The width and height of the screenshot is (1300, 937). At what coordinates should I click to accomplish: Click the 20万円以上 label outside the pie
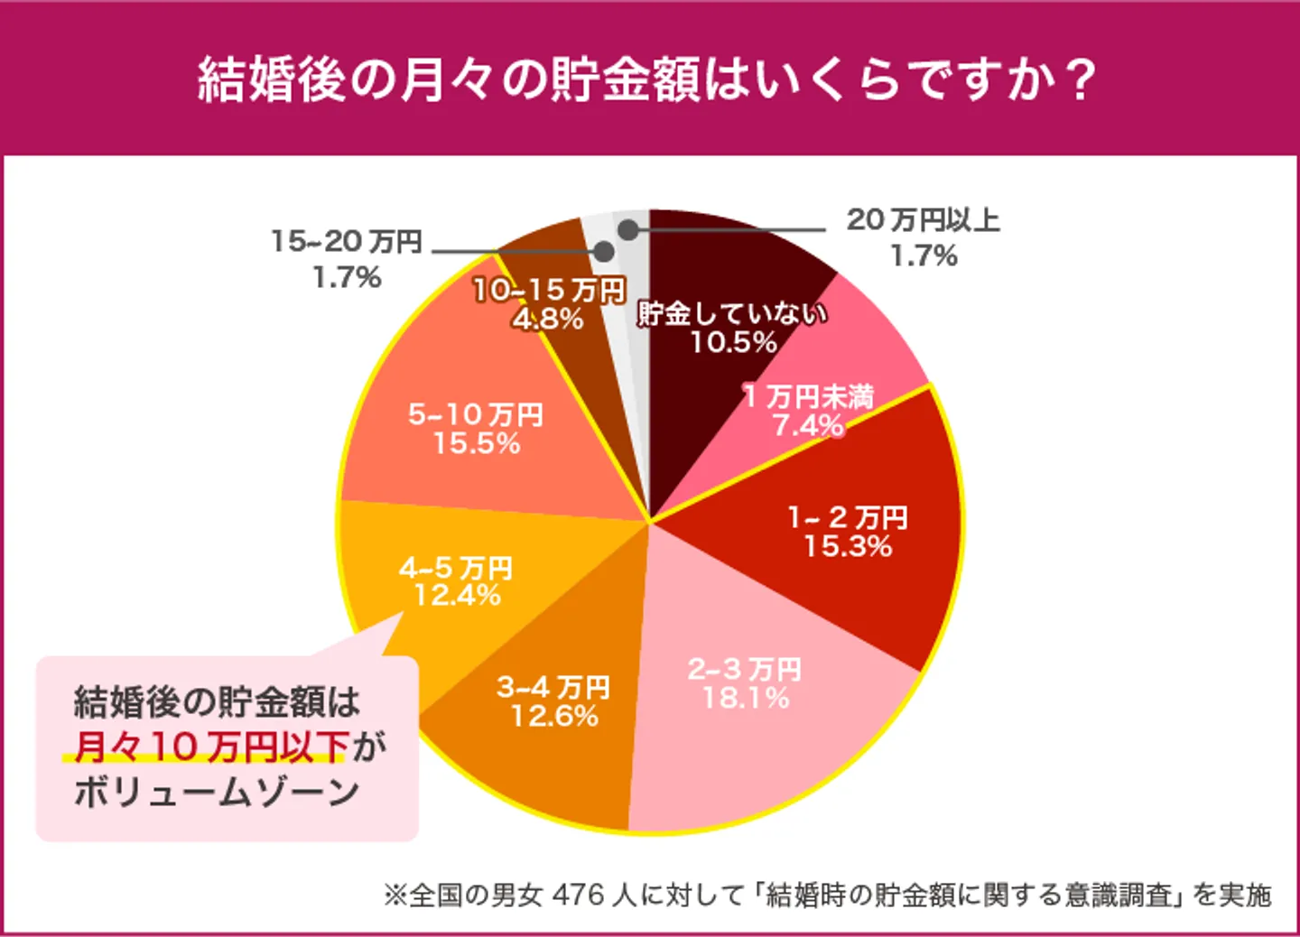coord(923,220)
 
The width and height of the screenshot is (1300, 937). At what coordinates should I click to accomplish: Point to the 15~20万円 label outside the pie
coord(347,242)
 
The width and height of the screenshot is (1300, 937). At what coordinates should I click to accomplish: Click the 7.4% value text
coord(808,425)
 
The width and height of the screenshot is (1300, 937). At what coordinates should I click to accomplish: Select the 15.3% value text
coord(848,546)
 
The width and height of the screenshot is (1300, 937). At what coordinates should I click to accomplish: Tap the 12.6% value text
coord(554,716)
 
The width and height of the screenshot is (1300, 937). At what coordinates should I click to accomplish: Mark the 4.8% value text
coord(548,319)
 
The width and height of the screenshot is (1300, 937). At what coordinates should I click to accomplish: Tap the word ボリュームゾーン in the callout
coord(217,793)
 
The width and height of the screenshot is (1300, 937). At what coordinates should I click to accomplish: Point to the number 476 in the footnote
coord(578,895)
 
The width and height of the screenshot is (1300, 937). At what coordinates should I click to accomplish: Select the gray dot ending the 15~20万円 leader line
coord(604,252)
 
